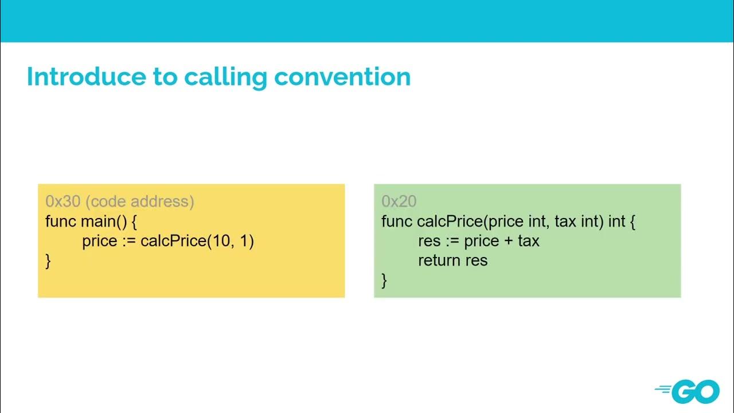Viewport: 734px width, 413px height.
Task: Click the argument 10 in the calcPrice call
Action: [221, 241]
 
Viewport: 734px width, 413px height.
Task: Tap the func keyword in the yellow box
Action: [61, 221]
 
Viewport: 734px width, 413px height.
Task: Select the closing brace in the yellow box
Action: [48, 261]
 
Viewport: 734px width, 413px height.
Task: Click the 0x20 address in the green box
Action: [399, 201]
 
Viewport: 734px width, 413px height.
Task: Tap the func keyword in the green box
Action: [397, 221]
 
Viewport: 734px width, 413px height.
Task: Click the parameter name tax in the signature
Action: [565, 221]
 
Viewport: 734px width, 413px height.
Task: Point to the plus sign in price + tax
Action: [508, 241]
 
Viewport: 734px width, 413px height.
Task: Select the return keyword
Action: [439, 260]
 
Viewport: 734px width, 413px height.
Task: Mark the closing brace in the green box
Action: [384, 280]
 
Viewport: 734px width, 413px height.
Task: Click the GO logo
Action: [688, 391]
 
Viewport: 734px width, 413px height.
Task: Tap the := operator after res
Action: [452, 241]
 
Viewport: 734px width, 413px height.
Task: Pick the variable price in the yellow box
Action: [100, 241]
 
